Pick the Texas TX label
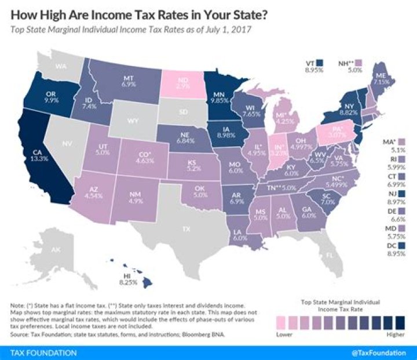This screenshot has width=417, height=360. pos(186,230)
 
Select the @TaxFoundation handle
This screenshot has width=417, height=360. pos(380,352)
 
